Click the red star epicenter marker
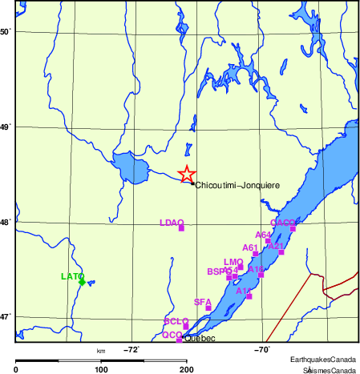(186, 174)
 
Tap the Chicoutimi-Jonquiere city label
(237, 185)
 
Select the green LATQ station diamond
(82, 282)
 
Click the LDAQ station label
(172, 222)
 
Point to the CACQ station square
(293, 228)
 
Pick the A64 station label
(264, 235)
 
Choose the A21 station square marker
(281, 251)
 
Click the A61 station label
(250, 247)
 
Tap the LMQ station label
(233, 262)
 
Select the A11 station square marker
(249, 296)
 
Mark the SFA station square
(208, 308)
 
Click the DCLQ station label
(176, 321)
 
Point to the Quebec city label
(200, 338)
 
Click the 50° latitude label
(6, 32)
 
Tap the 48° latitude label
(6, 223)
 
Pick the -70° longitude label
(262, 349)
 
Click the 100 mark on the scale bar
(101, 369)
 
